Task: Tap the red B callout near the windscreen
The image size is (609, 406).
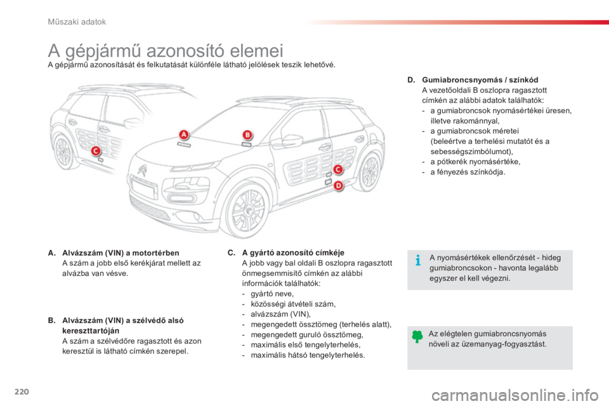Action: (x=247, y=134)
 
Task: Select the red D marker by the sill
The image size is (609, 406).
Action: (x=337, y=185)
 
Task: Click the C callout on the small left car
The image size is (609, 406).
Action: (x=96, y=150)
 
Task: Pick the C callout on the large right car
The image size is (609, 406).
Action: (x=337, y=169)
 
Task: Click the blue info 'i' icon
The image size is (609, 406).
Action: (x=417, y=261)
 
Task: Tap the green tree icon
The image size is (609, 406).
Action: (x=417, y=337)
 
